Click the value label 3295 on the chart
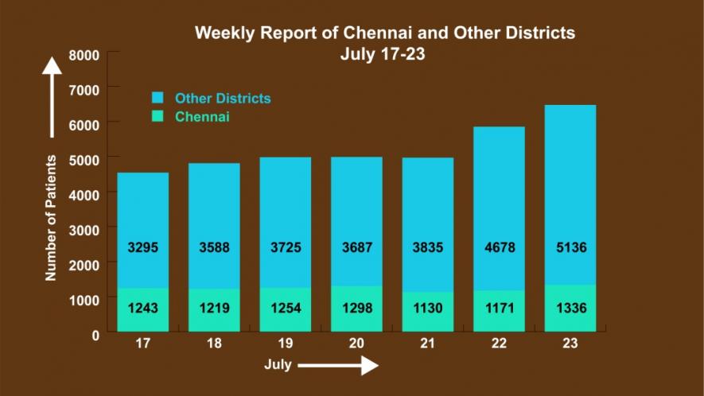[143, 247]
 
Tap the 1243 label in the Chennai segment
[143, 309]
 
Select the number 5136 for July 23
[570, 247]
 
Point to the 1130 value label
[427, 309]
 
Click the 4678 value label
[499, 247]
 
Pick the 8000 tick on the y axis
[84, 56]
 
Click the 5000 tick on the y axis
[84, 159]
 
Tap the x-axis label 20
[356, 344]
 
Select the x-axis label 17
[143, 344]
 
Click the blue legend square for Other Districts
[158, 99]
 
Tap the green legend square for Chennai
[158, 117]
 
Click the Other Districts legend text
[223, 99]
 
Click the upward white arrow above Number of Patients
[53, 95]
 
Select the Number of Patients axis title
[51, 217]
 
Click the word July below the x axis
[278, 366]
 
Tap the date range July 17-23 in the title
[386, 54]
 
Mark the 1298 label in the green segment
[356, 309]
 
